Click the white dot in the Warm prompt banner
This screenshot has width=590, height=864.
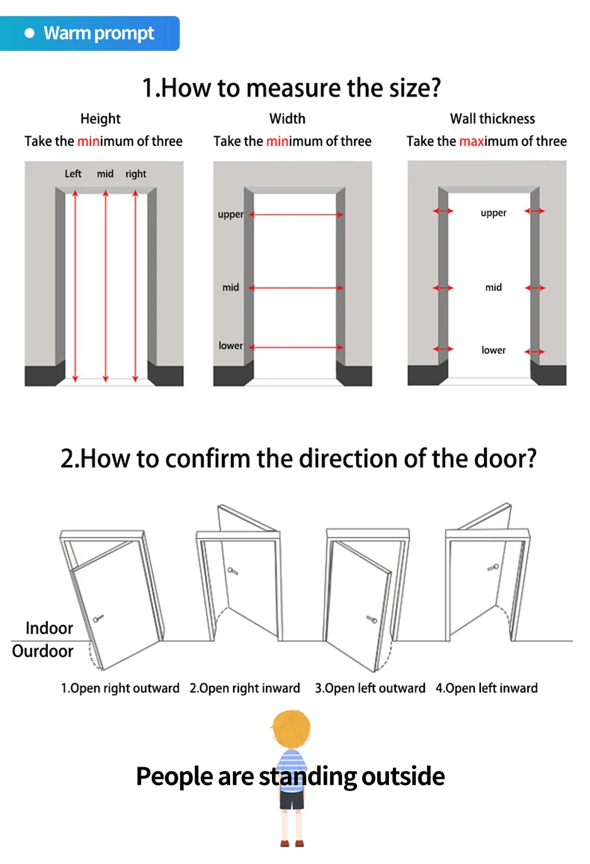[x=29, y=33]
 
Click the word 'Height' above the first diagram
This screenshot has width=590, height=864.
[x=100, y=119]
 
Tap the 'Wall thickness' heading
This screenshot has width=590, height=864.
[x=493, y=119]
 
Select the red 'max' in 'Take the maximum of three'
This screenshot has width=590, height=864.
[x=471, y=141]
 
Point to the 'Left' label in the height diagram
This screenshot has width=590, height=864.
[x=73, y=174]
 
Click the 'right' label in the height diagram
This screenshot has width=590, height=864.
[x=136, y=174]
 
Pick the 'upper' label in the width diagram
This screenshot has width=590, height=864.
[x=231, y=214]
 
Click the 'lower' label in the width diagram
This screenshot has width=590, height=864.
[x=231, y=346]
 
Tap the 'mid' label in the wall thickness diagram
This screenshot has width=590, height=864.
[x=494, y=287]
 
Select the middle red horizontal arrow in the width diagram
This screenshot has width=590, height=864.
[x=296, y=288]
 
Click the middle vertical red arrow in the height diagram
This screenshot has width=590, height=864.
[x=106, y=286]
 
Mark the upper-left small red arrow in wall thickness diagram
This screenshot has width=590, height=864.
[x=442, y=211]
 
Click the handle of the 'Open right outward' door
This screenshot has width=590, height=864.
[x=98, y=618]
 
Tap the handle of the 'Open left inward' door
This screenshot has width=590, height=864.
[x=493, y=567]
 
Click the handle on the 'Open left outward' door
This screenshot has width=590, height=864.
[x=372, y=620]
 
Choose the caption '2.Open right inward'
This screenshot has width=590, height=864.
[x=244, y=688]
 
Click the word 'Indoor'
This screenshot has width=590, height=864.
[x=50, y=628]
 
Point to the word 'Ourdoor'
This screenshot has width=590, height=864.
[x=43, y=651]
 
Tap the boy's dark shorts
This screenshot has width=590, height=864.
[x=292, y=800]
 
